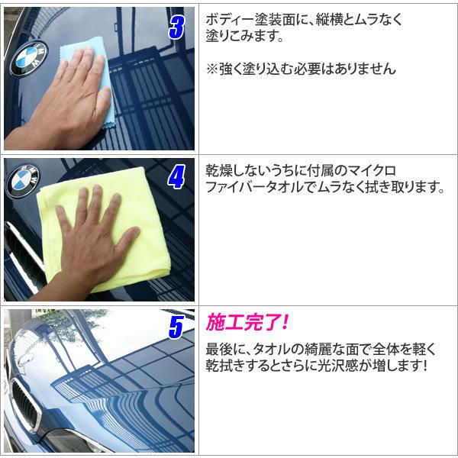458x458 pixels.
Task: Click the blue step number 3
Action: [177, 27]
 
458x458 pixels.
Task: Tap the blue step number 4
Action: [176, 177]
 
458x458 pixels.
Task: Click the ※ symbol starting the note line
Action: [212, 69]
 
